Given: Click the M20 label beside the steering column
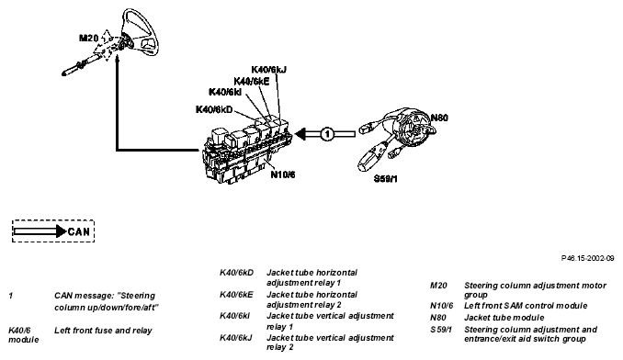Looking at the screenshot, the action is tap(88, 38).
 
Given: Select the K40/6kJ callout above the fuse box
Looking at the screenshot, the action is tap(268, 70).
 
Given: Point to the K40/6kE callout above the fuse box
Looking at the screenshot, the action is tap(252, 82).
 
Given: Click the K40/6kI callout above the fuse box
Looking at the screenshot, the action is tap(225, 92).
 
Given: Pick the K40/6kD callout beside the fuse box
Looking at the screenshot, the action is tap(214, 109).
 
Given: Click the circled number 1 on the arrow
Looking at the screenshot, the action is tap(327, 134).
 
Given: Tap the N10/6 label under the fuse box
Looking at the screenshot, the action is tap(283, 174).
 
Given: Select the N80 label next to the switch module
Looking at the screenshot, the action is tap(439, 118).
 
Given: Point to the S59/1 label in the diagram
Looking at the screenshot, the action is tap(385, 178).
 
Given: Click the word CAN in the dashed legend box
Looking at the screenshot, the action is tap(79, 231).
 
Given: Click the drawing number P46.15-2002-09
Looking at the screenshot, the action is tap(588, 258).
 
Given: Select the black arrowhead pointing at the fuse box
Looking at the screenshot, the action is tap(300, 134).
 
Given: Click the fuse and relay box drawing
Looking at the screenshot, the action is tap(247, 152).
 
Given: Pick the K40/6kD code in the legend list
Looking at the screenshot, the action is tap(236, 273).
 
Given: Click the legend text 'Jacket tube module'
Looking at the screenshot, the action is tap(504, 318).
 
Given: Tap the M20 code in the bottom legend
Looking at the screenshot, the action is tap(438, 286).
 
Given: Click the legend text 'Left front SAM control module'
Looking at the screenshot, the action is tap(526, 306).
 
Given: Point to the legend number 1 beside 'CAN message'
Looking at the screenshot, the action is tap(11, 296).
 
